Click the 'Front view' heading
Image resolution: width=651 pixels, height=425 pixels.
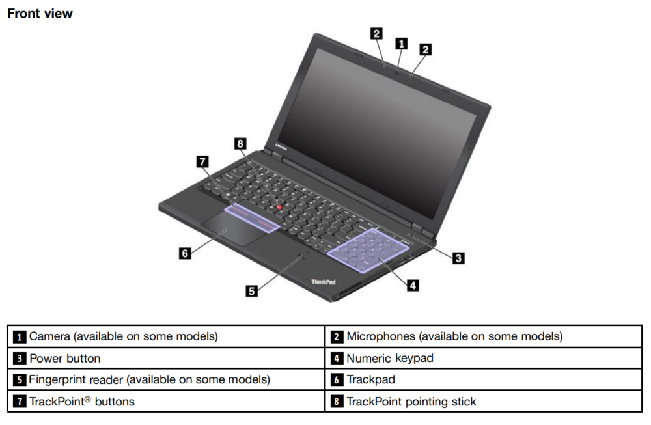(x=40, y=13)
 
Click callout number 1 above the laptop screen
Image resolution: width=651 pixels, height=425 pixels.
(x=402, y=44)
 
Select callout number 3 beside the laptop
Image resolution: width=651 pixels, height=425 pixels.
(x=458, y=258)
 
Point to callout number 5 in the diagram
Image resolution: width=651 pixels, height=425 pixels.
(x=251, y=291)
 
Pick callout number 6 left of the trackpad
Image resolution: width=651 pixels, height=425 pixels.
(x=186, y=253)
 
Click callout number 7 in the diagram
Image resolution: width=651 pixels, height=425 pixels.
(x=203, y=161)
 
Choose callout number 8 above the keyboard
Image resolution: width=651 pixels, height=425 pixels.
(x=241, y=143)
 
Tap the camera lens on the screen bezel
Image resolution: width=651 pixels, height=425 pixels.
(x=396, y=70)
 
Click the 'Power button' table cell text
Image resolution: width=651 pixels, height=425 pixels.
(x=65, y=358)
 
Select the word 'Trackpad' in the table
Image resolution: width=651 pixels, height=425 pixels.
(x=370, y=379)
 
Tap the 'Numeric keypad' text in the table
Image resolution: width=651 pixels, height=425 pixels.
(x=389, y=358)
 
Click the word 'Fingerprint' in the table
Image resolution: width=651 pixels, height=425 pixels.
(x=58, y=379)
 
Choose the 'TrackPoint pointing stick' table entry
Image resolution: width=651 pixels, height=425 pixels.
(x=411, y=402)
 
